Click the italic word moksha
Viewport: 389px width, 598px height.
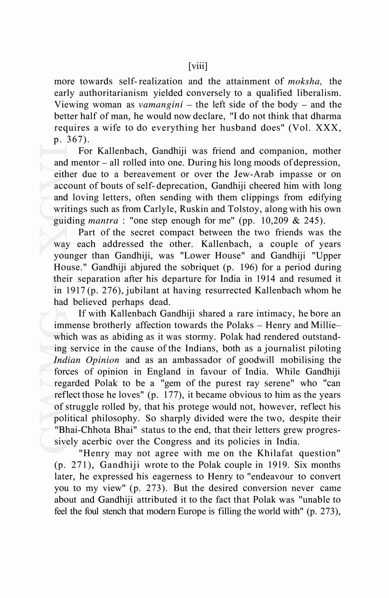(305, 82)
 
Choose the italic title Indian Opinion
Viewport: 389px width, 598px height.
(87, 360)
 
